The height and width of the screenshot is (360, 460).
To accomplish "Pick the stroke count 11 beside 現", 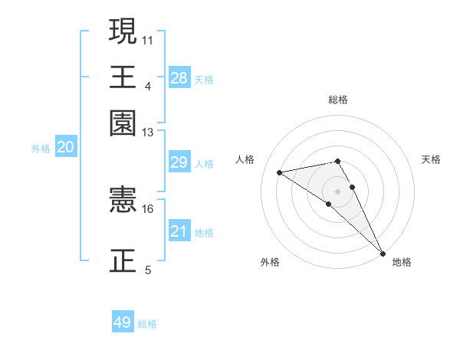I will [148, 38].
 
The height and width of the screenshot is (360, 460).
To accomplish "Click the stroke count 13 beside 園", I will [148, 132].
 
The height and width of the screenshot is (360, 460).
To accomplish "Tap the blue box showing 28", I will [179, 77].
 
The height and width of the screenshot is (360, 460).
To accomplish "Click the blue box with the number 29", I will [179, 162].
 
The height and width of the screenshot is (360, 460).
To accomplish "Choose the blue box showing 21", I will [179, 231].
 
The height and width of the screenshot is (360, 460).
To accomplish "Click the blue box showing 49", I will [123, 322].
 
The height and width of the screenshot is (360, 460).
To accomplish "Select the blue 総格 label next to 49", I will [148, 324].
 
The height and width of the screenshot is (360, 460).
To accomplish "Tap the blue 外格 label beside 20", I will [41, 149].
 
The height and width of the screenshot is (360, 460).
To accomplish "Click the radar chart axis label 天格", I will [431, 159].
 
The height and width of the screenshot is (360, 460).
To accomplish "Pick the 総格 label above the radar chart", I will [338, 100].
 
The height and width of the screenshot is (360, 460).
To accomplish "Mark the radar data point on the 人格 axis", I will [280, 172].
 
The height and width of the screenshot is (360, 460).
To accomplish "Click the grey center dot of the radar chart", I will [338, 190].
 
